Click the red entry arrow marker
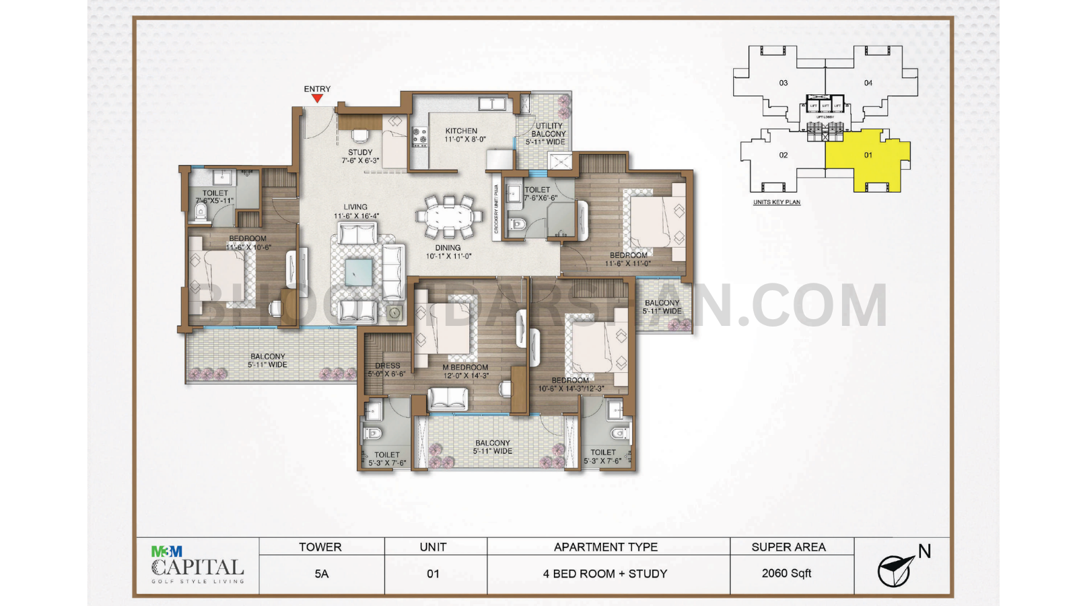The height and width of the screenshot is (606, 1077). pyautogui.click(x=317, y=99)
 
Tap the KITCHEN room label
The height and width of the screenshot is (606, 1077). pyautogui.click(x=462, y=131)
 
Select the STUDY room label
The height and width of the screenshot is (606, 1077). pyautogui.click(x=360, y=153)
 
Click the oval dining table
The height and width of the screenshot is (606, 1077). pyautogui.click(x=448, y=217)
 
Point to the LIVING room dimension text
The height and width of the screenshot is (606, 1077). pyautogui.click(x=356, y=216)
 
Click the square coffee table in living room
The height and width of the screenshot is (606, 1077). pyautogui.click(x=358, y=273)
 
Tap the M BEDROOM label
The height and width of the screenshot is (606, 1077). pyautogui.click(x=465, y=368)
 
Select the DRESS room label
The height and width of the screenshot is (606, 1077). pyautogui.click(x=387, y=366)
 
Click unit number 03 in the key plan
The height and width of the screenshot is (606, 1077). pyautogui.click(x=783, y=83)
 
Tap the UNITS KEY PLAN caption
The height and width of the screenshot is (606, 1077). pyautogui.click(x=777, y=202)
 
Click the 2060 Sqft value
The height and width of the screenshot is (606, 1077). pyautogui.click(x=786, y=574)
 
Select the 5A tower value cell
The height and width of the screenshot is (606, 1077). pyautogui.click(x=321, y=574)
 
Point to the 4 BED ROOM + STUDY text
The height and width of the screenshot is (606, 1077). pyautogui.click(x=605, y=574)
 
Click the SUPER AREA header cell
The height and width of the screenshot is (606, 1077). pyautogui.click(x=788, y=547)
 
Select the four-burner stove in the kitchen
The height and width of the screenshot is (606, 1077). pyautogui.click(x=419, y=137)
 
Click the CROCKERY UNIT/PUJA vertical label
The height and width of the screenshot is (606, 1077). pyautogui.click(x=496, y=209)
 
